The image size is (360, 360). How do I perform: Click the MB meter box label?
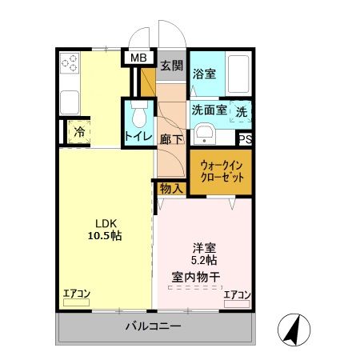(x=138, y=58)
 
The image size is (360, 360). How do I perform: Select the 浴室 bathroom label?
(x=204, y=74)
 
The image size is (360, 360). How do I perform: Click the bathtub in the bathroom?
(x=238, y=74)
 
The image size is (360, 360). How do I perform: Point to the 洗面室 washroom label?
(x=207, y=110)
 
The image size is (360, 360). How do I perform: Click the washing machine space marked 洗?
(x=242, y=111)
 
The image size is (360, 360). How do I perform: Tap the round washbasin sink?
(x=205, y=133)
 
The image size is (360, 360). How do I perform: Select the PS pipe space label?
(x=245, y=139)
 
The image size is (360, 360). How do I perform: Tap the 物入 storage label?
(x=170, y=189)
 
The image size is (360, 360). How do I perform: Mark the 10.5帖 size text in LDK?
(x=105, y=236)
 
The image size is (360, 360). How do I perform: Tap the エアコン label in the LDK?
(x=77, y=294)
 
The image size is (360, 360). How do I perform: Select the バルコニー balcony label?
(x=153, y=326)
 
